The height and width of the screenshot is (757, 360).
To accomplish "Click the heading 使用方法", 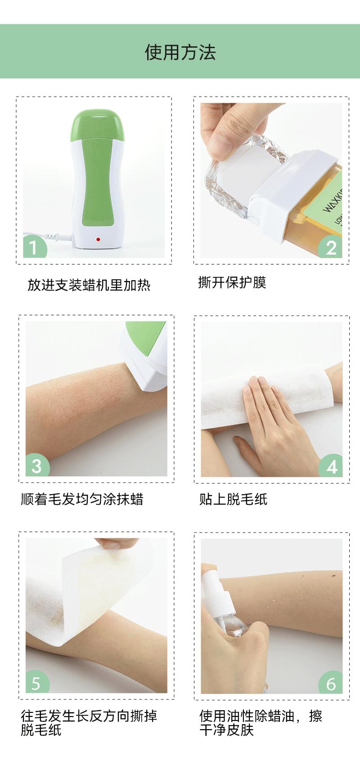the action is click(x=180, y=52).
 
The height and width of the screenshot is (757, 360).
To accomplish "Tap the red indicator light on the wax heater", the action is click(x=98, y=239).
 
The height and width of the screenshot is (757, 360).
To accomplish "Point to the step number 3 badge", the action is click(x=37, y=465).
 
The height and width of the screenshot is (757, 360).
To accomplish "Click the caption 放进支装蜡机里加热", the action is click(x=89, y=285).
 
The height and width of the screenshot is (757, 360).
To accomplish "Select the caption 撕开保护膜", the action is click(x=232, y=282).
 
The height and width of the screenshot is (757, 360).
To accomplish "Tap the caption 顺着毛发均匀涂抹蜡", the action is click(x=82, y=499).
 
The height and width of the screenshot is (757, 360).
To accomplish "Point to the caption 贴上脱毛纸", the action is click(x=233, y=499).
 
